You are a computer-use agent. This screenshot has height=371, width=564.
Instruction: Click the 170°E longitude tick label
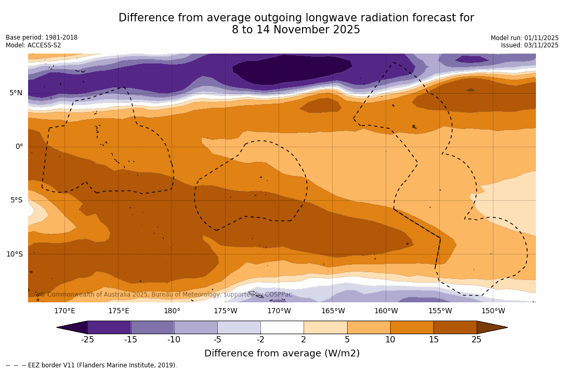click(x=64, y=311)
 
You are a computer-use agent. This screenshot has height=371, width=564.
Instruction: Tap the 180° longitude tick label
click(x=172, y=311)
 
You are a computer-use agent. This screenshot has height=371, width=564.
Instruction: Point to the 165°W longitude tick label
click(x=333, y=311)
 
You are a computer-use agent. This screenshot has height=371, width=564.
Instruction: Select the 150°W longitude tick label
click(x=493, y=311)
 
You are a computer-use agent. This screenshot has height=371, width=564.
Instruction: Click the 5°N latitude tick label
click(x=16, y=93)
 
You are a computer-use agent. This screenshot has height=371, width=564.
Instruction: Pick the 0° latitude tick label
click(x=19, y=147)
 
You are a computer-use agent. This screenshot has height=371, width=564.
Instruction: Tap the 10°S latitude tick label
click(x=14, y=254)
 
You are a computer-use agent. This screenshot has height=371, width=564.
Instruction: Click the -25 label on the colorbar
click(x=87, y=340)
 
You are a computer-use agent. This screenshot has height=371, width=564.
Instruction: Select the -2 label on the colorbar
click(x=260, y=340)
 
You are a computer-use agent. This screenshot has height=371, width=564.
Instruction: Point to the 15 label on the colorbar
click(x=434, y=340)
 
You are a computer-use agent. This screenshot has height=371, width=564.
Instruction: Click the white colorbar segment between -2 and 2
click(x=282, y=327)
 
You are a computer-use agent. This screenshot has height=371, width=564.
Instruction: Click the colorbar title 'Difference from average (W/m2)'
click(x=282, y=354)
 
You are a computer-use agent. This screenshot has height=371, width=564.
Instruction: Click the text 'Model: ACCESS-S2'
click(x=33, y=45)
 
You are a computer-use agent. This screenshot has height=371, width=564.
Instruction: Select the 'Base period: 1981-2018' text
click(x=42, y=37)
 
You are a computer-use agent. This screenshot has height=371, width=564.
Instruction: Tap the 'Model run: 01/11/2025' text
click(x=524, y=38)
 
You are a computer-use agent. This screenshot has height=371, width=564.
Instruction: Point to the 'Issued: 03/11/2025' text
click(x=530, y=45)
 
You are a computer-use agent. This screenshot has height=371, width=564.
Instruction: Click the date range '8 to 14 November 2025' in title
click(x=296, y=30)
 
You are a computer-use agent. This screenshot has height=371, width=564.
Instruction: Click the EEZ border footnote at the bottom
click(x=91, y=365)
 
